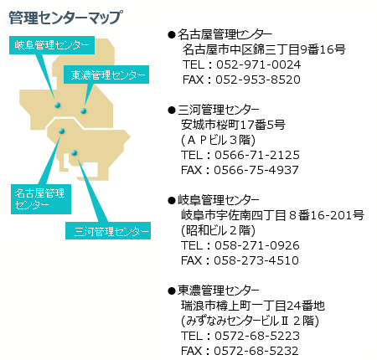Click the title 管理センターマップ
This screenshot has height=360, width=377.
click(x=65, y=18)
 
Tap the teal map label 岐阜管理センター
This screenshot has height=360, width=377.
click(x=52, y=45)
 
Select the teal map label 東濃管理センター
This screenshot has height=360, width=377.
click(x=106, y=75)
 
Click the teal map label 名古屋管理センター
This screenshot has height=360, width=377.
click(x=41, y=199)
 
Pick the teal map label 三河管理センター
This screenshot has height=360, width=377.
click(x=108, y=231)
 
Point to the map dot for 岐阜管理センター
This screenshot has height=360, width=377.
click(x=58, y=105)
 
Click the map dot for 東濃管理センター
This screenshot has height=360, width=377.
click(x=83, y=111)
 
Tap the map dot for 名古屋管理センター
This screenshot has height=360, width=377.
click(x=62, y=131)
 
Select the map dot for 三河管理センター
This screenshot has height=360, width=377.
click(x=74, y=152)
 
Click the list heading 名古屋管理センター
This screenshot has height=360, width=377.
click(x=225, y=34)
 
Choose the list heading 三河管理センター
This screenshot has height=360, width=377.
click(x=219, y=110)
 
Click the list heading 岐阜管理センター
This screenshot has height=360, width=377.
click(x=219, y=200)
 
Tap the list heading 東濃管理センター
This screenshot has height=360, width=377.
click(x=219, y=291)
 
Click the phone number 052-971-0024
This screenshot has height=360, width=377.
click(x=259, y=64)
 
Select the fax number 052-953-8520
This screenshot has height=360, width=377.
click(x=258, y=80)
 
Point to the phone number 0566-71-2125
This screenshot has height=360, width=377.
click(x=257, y=155)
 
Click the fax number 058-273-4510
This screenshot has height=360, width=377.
click(x=256, y=260)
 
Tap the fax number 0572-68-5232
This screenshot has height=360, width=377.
click(x=256, y=351)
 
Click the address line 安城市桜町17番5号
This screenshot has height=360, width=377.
click(x=233, y=125)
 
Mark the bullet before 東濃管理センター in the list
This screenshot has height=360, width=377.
click(x=172, y=291)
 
